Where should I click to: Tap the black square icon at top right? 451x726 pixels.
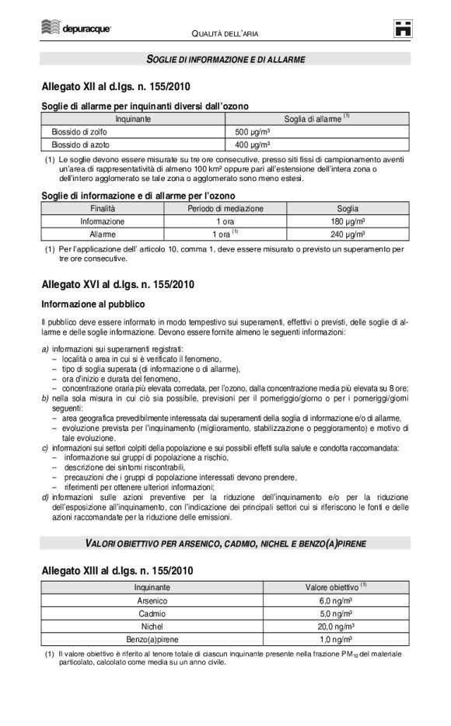click(x=401, y=29)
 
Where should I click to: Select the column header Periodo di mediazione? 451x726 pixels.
click(x=225, y=209)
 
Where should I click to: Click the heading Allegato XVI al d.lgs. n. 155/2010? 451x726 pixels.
click(x=117, y=284)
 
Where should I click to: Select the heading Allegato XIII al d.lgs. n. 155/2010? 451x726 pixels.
click(x=117, y=571)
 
